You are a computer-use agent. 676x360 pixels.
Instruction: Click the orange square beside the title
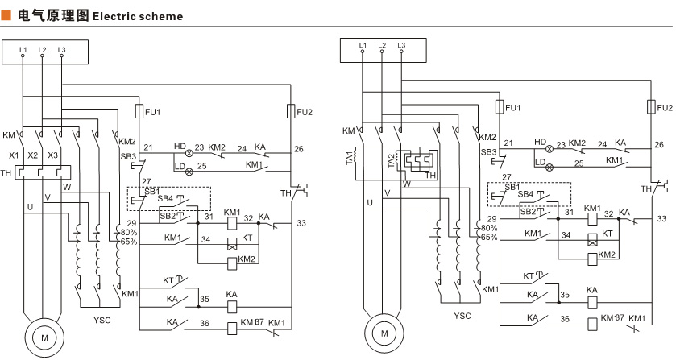coord(6,15)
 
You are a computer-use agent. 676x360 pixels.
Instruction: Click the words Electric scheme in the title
coord(138,16)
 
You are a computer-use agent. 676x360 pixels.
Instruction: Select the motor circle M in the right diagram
coord(384,331)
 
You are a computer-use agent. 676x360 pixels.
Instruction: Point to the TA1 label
coord(350,159)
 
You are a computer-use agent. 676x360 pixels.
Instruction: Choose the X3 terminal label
coord(54,155)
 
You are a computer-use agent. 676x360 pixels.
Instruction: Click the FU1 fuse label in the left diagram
coord(152,112)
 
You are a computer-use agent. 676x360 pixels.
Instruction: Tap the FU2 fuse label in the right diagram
coord(665,108)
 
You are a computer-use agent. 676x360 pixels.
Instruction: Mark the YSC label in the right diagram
coord(462,316)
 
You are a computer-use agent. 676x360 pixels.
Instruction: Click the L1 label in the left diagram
coord(23,50)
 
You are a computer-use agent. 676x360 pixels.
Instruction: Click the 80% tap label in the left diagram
coord(129,232)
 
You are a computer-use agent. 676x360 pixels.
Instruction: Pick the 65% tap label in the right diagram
coord(488,238)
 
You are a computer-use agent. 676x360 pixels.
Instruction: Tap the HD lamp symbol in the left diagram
coord(189,152)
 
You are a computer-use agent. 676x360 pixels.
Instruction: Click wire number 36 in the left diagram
coord(205,323)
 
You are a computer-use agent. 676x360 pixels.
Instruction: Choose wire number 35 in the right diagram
coord(564,296)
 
